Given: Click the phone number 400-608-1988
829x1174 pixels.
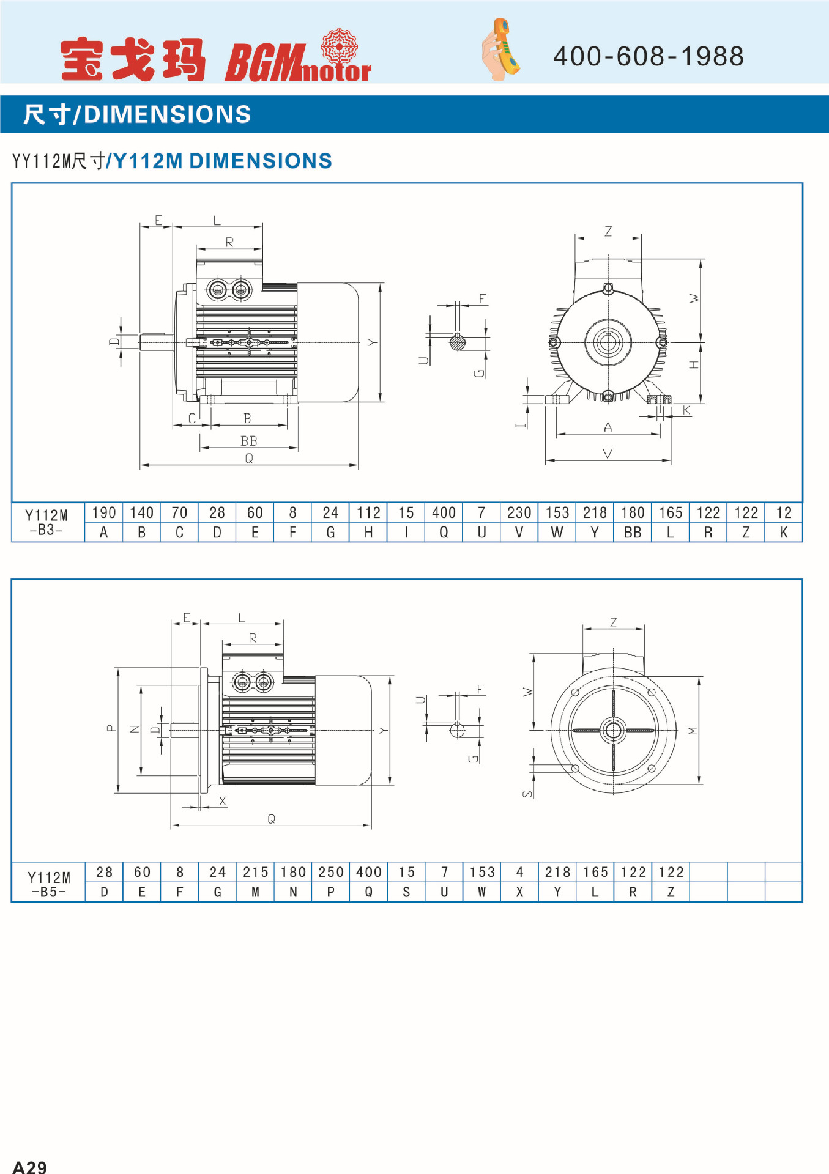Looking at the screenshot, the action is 648,56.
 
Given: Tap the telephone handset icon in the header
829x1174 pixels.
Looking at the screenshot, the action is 501,50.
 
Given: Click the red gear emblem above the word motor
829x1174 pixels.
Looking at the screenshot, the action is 339,45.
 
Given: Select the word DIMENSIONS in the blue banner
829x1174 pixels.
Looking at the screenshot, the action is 167,114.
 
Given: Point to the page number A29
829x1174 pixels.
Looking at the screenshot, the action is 29,1167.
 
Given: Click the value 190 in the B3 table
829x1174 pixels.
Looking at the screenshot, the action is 104,512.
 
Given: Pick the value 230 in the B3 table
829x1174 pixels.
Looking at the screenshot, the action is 519,512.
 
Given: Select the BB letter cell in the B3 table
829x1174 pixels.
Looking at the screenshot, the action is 633,533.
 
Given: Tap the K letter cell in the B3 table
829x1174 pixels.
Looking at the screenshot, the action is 784,533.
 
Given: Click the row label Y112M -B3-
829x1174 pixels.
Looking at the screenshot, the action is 46,522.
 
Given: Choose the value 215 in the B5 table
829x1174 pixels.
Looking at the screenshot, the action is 256,872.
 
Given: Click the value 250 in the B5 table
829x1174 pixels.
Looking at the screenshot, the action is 331,872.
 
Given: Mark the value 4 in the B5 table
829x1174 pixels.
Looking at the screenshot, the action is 519,872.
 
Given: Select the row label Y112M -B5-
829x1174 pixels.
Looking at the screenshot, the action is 49,884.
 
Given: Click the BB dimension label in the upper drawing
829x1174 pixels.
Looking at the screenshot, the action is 249,441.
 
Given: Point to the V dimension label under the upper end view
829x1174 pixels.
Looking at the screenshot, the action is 608,454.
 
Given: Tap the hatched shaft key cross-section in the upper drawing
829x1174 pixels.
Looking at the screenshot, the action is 458,342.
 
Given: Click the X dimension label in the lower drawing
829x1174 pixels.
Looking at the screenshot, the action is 223,801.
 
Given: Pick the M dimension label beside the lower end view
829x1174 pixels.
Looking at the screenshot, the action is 693,731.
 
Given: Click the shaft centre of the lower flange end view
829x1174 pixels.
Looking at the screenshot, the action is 613,729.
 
